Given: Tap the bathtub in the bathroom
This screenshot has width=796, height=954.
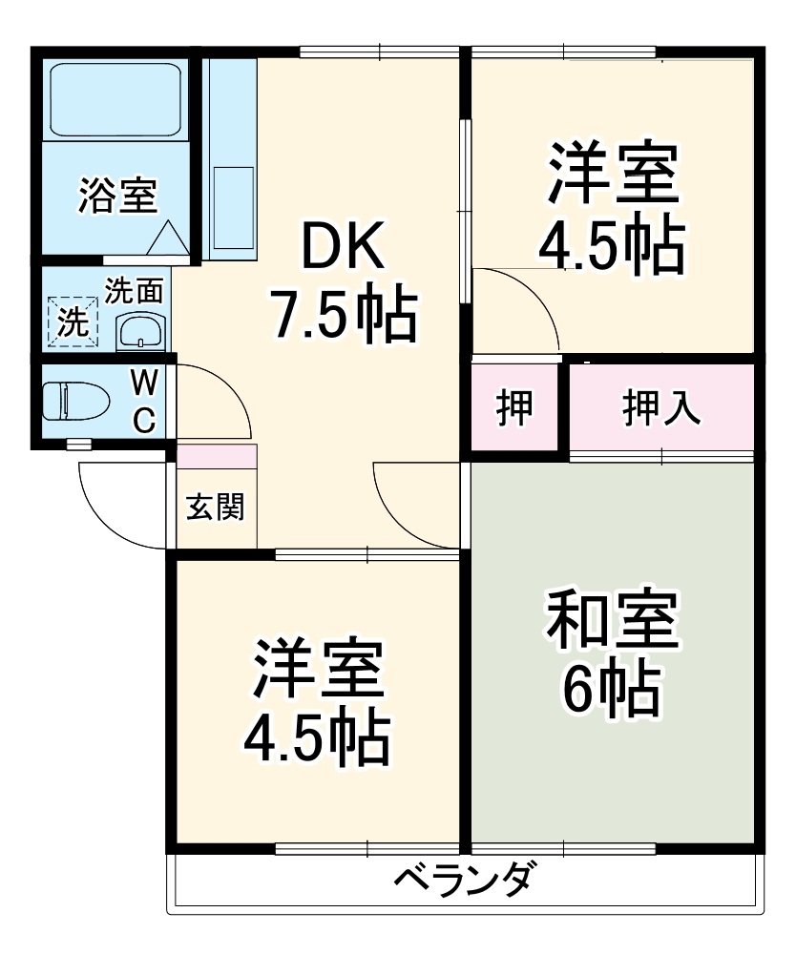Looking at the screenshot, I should pos(115,99).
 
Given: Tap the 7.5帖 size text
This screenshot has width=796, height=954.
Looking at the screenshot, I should pos(344,315).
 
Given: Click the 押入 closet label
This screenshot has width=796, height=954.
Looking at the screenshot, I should pos(662,407).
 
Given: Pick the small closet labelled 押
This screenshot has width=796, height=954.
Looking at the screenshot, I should pos(514,407).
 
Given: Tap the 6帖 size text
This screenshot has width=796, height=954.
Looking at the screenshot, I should pos(611,689).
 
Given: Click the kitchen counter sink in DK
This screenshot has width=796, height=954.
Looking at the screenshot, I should pos(232,205).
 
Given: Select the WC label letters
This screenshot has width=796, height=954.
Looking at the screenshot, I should pos(144,401).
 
